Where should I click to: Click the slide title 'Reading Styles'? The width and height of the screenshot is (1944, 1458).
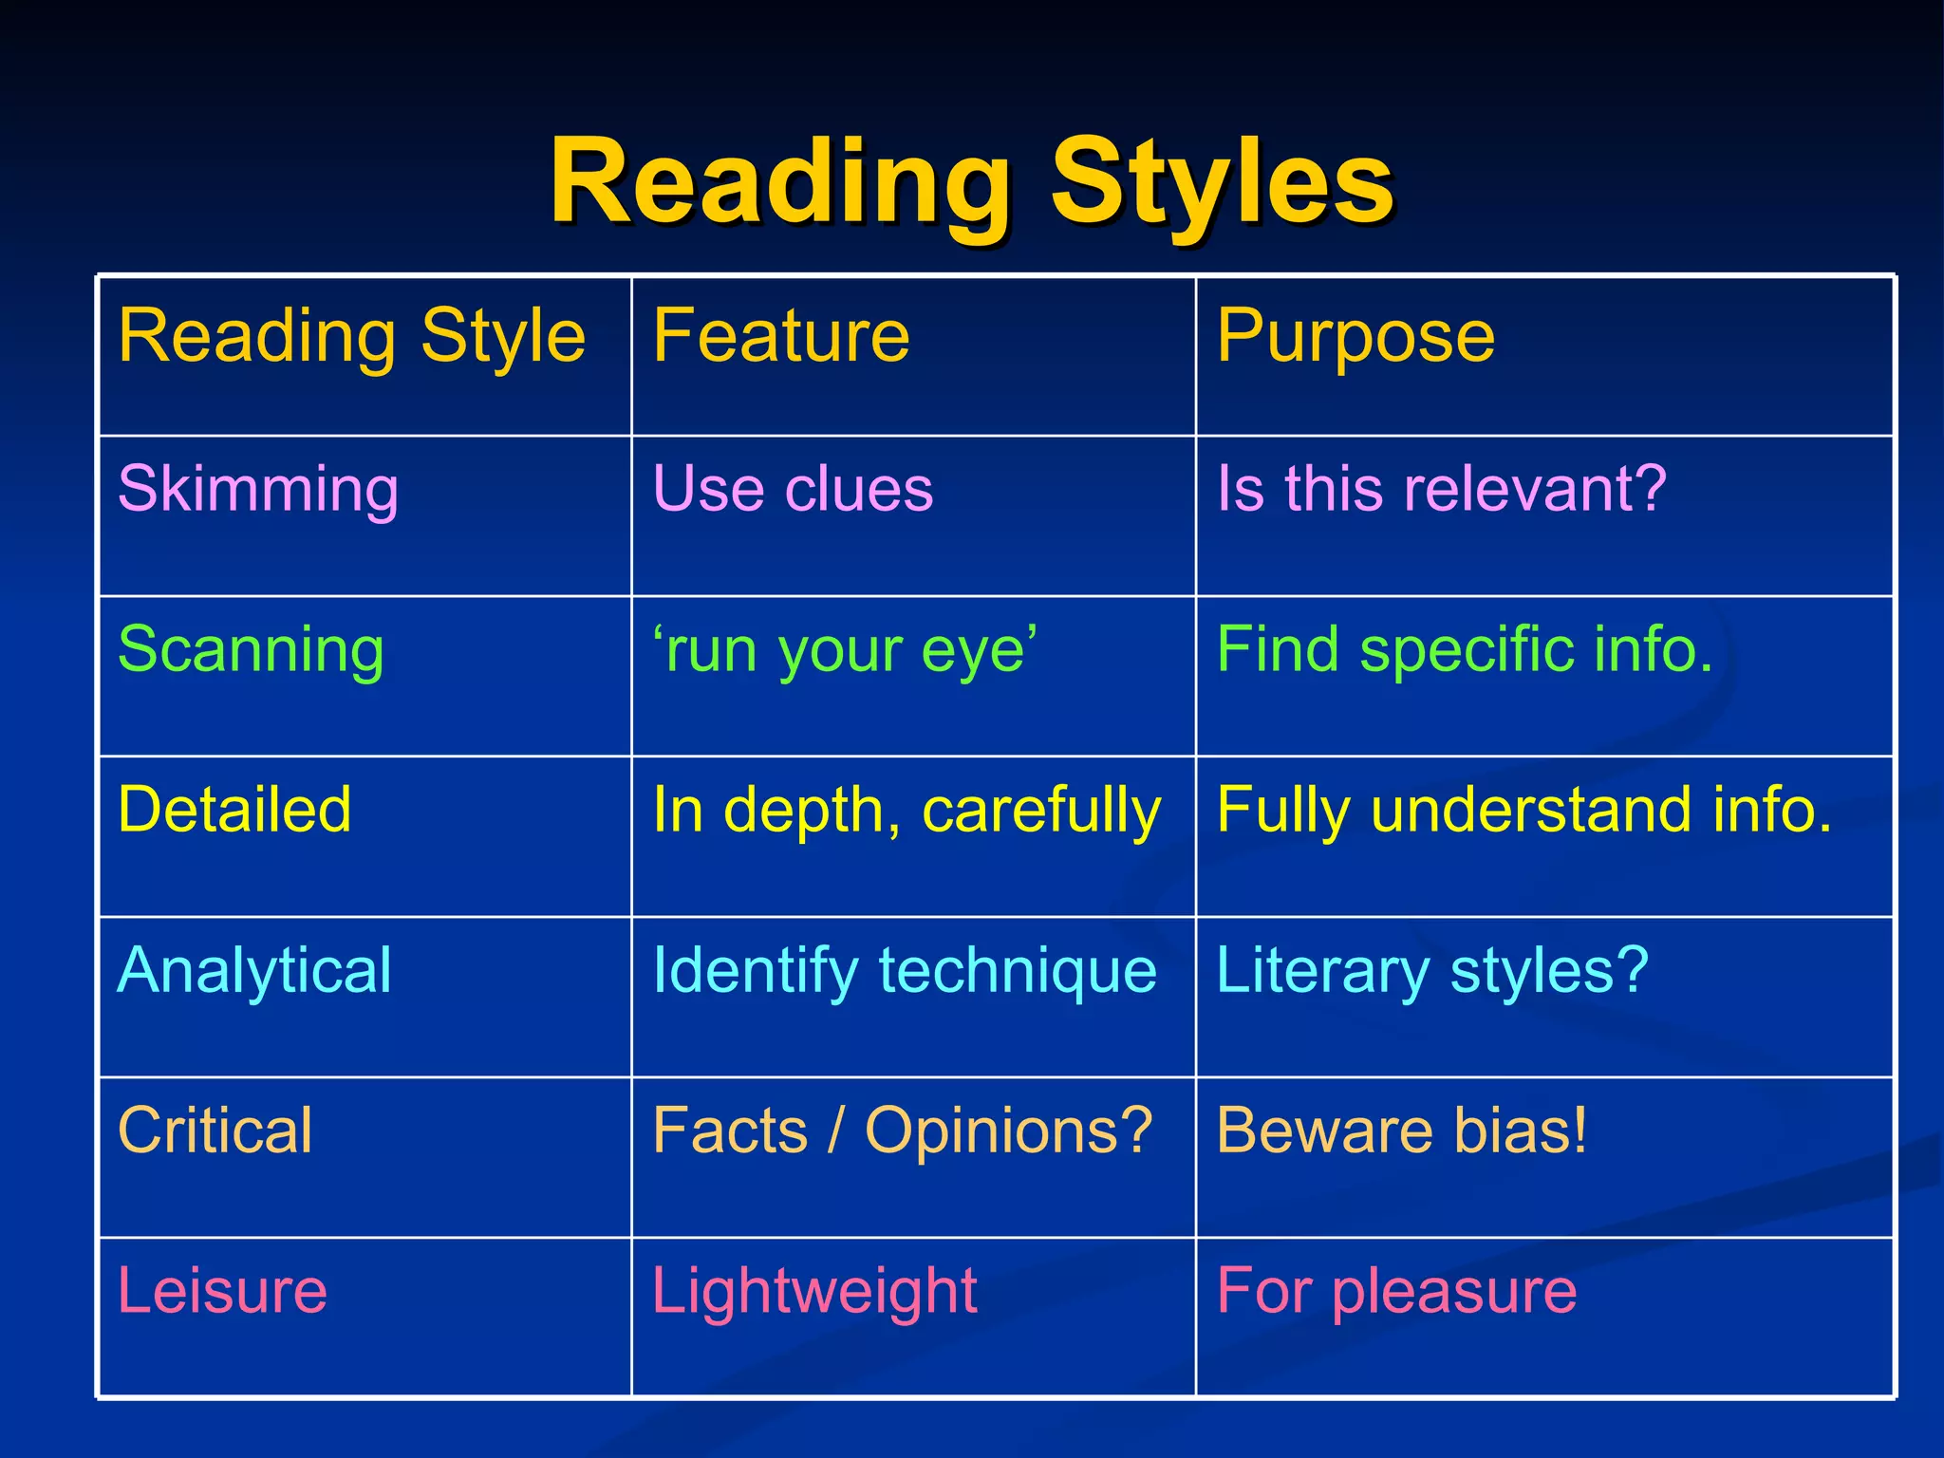tap(971, 182)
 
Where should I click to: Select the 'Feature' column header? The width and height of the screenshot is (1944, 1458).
tap(780, 336)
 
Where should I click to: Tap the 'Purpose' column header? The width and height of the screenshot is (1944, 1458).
tap(1355, 336)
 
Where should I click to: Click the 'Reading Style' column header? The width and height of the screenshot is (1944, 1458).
tap(351, 338)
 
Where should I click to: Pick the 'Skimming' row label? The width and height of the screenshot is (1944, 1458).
tap(257, 490)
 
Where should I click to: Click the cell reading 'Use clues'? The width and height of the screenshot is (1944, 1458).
tap(793, 490)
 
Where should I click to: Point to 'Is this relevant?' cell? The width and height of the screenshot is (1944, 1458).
tap(1441, 490)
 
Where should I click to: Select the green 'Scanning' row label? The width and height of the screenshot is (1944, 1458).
tap(251, 651)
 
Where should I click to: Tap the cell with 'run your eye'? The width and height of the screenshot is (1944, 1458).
tap(845, 651)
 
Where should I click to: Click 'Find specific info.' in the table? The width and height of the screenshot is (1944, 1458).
tap(1465, 651)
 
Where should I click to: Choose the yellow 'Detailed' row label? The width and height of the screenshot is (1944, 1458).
tap(234, 811)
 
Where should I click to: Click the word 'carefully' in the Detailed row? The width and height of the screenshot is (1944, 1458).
tap(1041, 813)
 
